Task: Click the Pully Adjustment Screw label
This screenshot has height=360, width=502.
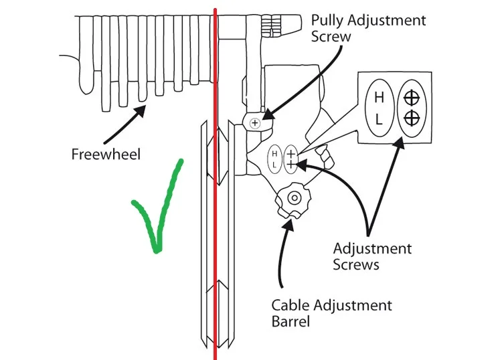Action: pos(368,27)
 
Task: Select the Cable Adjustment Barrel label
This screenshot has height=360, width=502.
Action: pos(331,313)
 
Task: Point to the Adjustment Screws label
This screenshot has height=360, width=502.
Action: pos(372,256)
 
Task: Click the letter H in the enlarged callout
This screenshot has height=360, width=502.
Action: pos(379,98)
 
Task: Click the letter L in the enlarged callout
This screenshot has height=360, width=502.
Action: pos(379,120)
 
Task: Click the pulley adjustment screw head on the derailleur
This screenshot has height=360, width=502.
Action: pos(255,122)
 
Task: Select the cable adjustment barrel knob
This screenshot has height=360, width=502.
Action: pos(292,198)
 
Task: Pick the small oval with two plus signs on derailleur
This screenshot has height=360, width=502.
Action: pos(291,158)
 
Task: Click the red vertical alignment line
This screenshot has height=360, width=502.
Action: pos(215,201)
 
